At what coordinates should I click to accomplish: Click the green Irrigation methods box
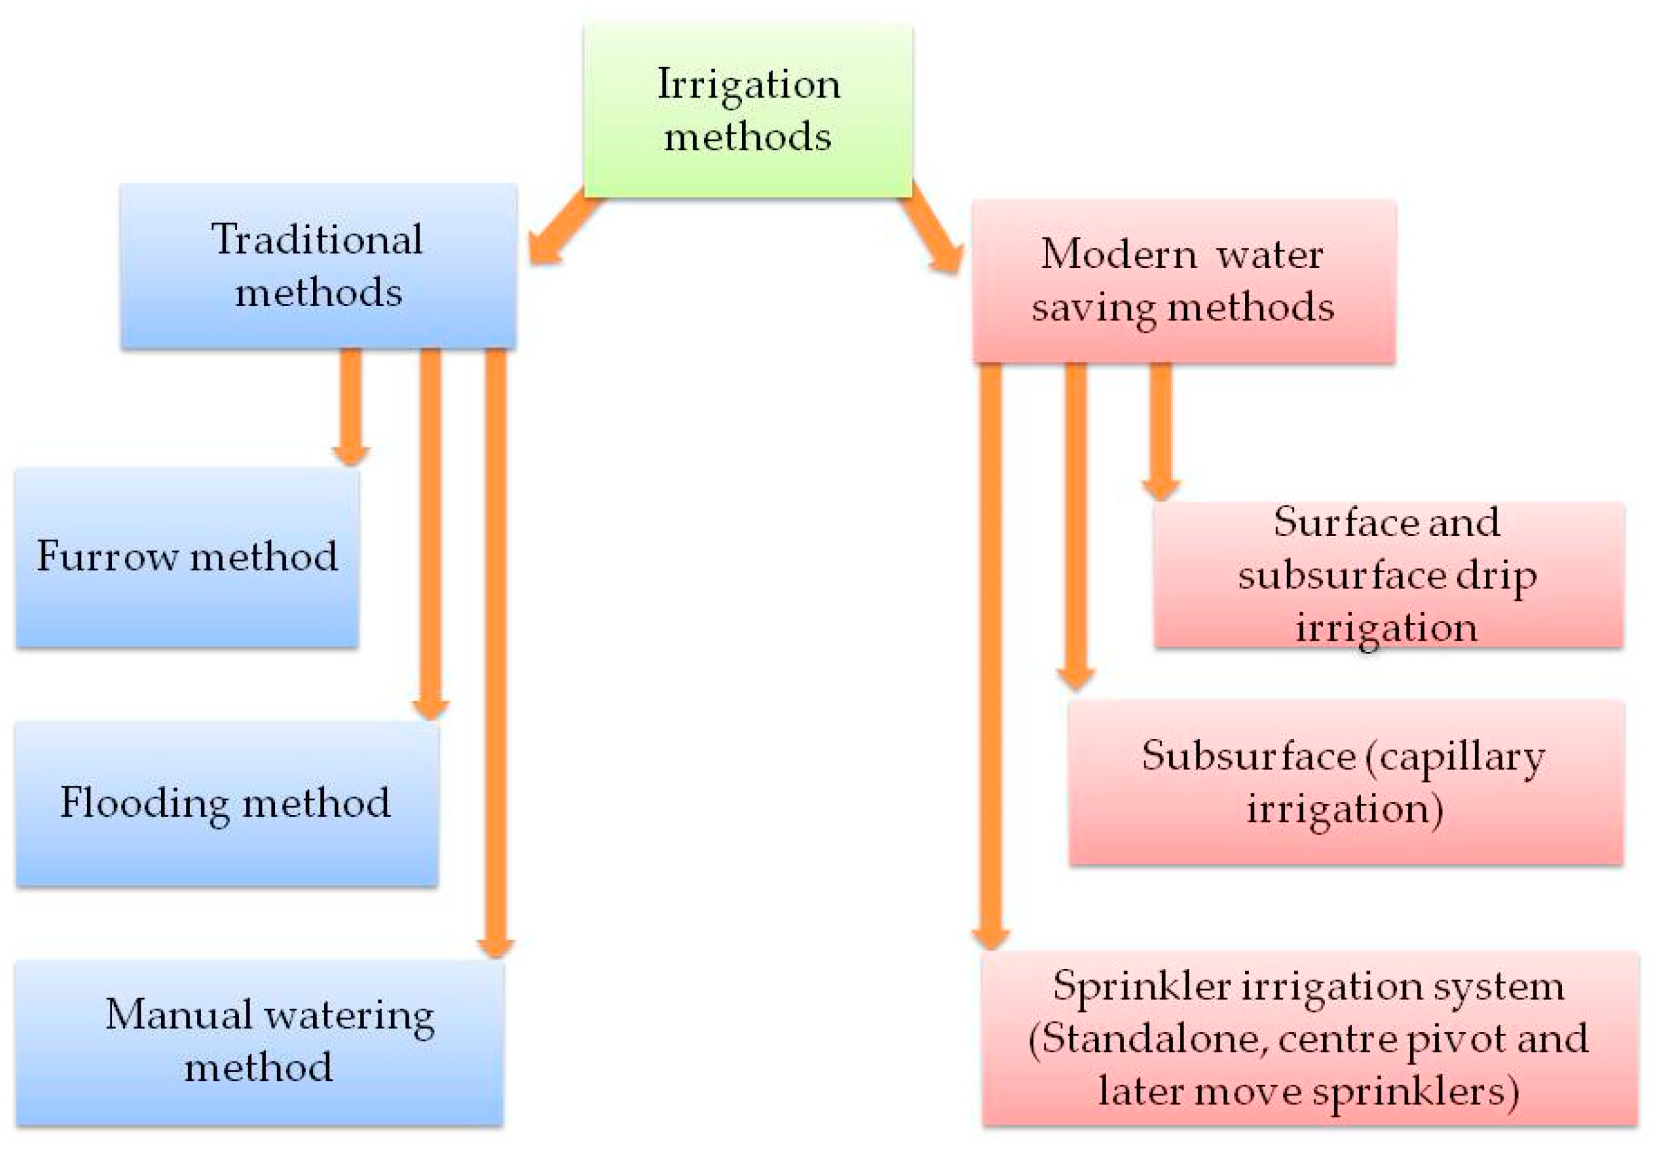748,110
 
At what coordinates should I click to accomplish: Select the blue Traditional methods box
318,266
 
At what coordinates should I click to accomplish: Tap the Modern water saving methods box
1184,281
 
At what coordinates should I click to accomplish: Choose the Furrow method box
187,557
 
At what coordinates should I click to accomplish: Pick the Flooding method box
227,803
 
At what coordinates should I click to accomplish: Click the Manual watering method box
259,1042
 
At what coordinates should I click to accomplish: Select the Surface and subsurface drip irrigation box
1388,575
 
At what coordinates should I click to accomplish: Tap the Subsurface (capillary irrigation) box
1346,782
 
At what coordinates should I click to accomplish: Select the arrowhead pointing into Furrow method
351,455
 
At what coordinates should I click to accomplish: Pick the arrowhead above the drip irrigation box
1160,489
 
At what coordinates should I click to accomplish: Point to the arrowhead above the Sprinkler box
991,938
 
